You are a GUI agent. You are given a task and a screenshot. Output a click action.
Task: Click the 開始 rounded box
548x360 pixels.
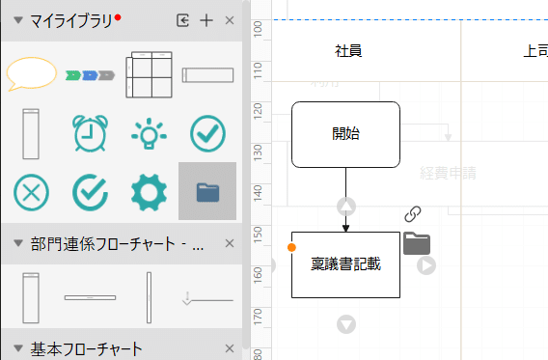click(345, 134)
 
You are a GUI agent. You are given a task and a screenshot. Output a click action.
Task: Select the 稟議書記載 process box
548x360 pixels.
click(345, 264)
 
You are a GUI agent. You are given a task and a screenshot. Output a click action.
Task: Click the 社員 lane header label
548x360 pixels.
click(349, 51)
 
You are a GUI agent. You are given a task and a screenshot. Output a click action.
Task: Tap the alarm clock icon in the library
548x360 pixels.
click(90, 133)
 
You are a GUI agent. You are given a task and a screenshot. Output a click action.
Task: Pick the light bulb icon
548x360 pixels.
click(149, 133)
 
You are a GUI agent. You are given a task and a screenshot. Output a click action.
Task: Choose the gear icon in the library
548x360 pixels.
click(149, 192)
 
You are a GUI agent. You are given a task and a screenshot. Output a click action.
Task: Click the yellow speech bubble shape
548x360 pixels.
click(32, 74)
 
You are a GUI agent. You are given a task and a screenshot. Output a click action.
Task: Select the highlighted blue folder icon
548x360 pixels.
click(207, 192)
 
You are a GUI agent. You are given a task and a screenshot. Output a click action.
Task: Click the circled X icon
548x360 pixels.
click(31, 192)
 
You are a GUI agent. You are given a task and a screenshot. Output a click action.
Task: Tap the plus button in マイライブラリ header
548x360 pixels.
click(205, 20)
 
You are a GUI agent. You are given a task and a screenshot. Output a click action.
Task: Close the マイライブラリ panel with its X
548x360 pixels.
click(230, 20)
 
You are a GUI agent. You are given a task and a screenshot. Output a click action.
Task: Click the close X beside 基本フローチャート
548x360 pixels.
click(230, 348)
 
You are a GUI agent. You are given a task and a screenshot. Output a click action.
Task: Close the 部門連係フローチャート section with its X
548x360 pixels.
click(230, 244)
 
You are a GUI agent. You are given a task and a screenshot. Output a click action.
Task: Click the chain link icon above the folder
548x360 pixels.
click(413, 214)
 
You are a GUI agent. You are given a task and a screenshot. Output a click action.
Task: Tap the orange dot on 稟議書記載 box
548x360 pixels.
click(291, 248)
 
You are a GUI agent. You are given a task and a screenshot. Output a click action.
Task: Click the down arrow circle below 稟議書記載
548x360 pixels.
click(346, 324)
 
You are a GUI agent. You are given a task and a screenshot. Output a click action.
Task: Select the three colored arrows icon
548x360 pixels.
click(90, 74)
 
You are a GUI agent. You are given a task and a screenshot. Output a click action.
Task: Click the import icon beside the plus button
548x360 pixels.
click(183, 20)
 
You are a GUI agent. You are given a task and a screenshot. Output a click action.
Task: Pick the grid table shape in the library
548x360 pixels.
click(149, 74)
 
